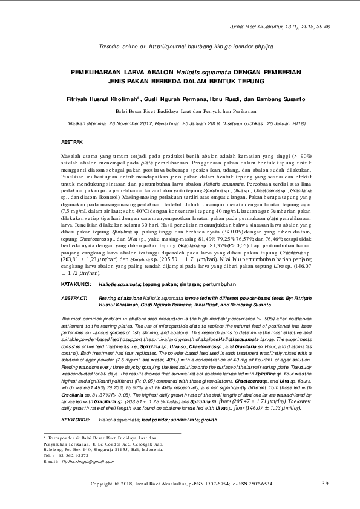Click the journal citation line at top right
(x=283, y=28)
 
